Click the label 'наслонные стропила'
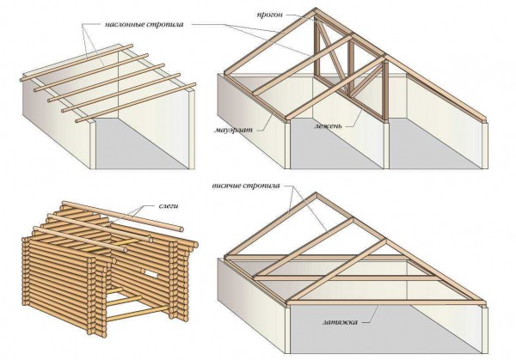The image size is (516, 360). click(x=144, y=25)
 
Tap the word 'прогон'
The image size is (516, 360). click(x=269, y=15)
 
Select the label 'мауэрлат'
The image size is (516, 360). click(x=234, y=130)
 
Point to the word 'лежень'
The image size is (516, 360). click(x=329, y=126)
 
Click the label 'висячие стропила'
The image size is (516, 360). click(x=246, y=186)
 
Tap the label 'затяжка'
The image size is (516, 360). click(x=340, y=322)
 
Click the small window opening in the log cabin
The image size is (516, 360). click(x=150, y=272)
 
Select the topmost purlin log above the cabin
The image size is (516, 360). click(x=123, y=216)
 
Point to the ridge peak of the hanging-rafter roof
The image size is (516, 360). click(x=316, y=194)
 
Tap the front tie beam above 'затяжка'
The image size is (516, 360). click(x=386, y=302)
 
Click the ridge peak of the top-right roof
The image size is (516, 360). click(x=315, y=9)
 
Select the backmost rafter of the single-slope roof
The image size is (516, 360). click(x=77, y=63)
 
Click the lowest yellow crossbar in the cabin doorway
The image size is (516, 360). click(x=137, y=314)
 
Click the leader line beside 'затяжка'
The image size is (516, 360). click(x=371, y=314)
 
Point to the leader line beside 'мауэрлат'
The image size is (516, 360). click(x=266, y=122)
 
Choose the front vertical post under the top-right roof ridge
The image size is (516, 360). click(x=385, y=91)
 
